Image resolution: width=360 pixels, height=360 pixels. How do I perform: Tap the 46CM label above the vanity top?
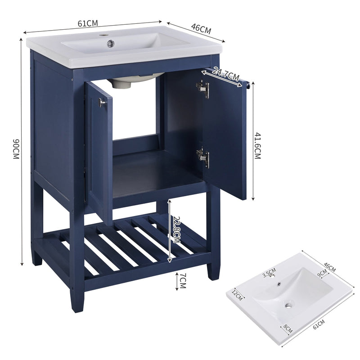pyautogui.click(x=201, y=28)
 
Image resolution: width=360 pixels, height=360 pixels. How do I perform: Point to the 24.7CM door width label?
pyautogui.click(x=226, y=74)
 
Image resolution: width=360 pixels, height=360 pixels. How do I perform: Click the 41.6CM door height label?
pyautogui.click(x=258, y=142)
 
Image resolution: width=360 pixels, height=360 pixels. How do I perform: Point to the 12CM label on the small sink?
pyautogui.click(x=237, y=296)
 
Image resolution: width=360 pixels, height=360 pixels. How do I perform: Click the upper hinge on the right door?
pyautogui.click(x=203, y=89)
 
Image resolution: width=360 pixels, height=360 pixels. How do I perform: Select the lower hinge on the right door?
pyautogui.click(x=203, y=157)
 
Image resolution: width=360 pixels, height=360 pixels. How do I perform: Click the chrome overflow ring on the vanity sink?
pyautogui.click(x=110, y=44)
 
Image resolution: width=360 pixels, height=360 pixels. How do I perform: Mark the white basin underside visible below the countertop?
pyautogui.click(x=133, y=82)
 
